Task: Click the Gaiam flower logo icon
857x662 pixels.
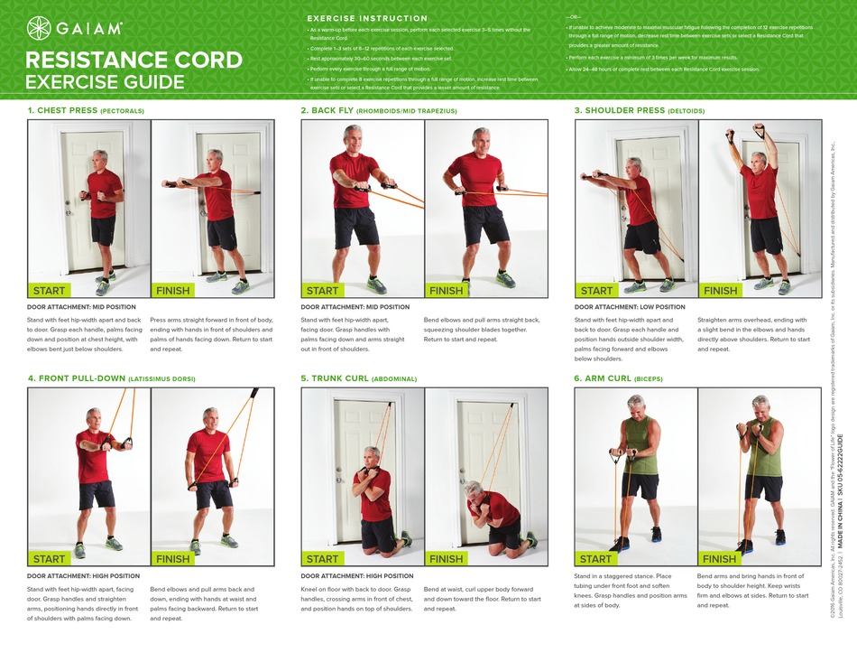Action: (x=40, y=28)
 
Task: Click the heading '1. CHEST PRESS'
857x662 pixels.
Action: (x=63, y=110)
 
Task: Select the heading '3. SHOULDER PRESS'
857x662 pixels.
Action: (x=619, y=110)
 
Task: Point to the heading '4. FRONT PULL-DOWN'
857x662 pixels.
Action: (x=76, y=378)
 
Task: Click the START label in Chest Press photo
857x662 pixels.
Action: (x=49, y=291)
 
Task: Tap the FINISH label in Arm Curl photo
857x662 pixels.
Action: (x=720, y=559)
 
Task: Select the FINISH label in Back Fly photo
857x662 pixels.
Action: (x=446, y=291)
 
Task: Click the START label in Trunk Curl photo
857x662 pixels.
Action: (x=322, y=559)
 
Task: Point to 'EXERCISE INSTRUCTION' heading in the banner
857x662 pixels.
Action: (x=367, y=18)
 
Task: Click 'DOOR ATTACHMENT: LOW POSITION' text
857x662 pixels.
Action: (x=630, y=307)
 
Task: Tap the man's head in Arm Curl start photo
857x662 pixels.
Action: (x=637, y=403)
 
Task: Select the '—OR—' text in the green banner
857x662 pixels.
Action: (x=574, y=18)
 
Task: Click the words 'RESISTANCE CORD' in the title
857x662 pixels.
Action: (x=134, y=61)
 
